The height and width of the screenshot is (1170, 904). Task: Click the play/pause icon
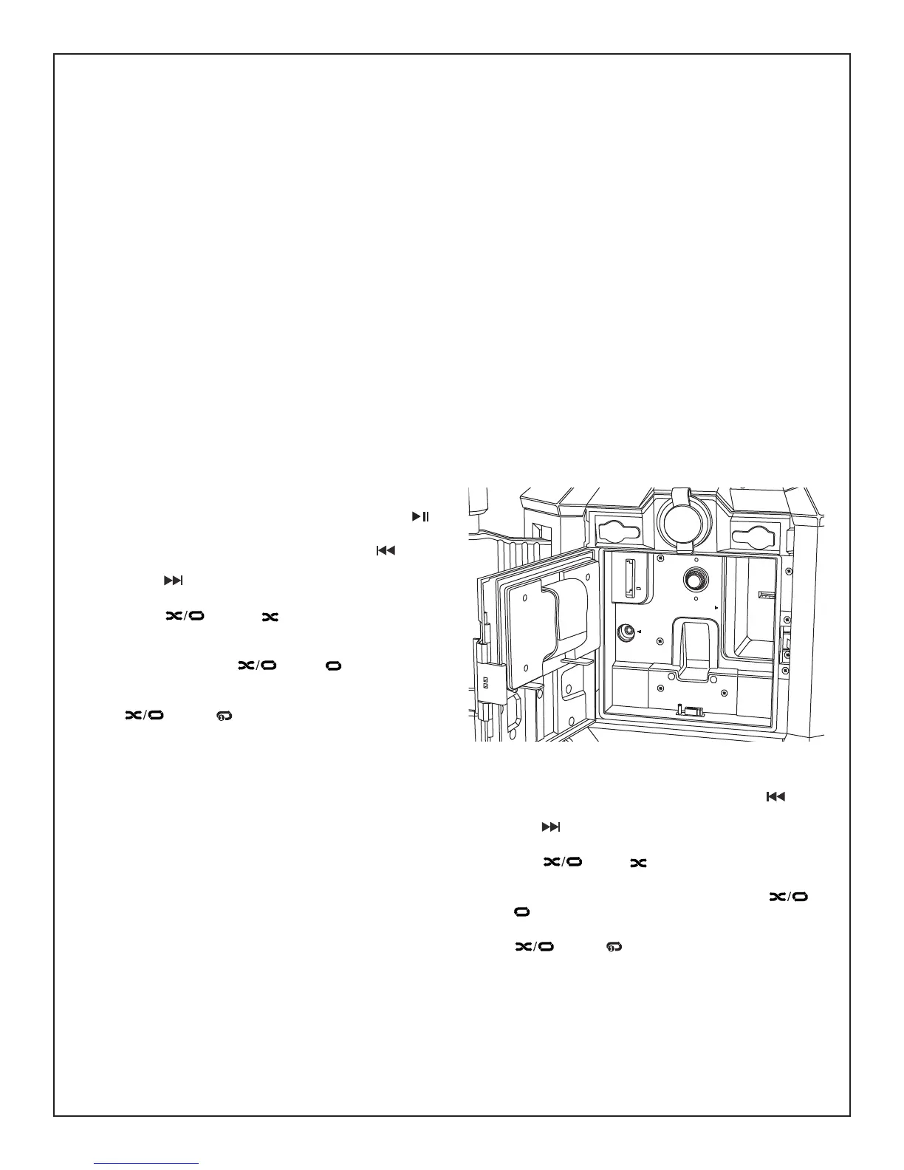(x=420, y=516)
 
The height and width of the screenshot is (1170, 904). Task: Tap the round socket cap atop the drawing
(x=684, y=519)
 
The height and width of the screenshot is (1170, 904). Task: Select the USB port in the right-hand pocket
(x=766, y=593)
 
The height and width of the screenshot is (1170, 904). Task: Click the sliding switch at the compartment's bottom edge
(x=691, y=711)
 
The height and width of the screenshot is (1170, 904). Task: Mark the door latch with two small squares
(x=487, y=682)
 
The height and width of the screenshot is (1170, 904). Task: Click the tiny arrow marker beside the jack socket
(x=640, y=632)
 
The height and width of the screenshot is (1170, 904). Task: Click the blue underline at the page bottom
(x=147, y=1163)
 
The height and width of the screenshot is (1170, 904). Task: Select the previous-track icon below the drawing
(x=775, y=797)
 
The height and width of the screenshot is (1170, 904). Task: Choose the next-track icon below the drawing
(x=551, y=827)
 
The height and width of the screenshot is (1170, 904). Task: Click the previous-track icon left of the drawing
(x=386, y=550)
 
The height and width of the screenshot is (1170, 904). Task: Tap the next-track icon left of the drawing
(x=172, y=581)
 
